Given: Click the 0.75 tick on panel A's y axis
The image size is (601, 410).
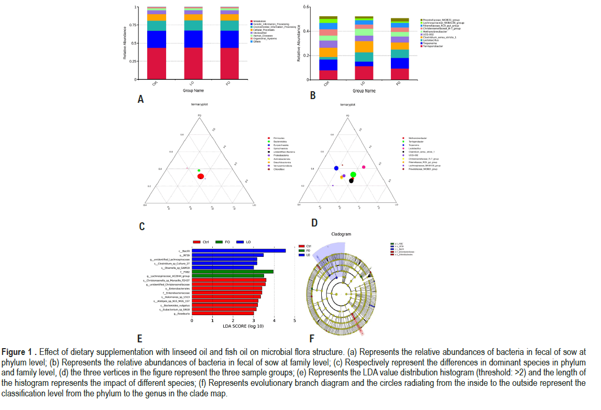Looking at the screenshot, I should point(136,25).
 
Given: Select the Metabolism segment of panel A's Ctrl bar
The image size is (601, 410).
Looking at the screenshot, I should point(156,63).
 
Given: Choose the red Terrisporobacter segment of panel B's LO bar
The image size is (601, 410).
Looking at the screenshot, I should point(364,73).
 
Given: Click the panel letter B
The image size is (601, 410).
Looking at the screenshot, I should point(312,95).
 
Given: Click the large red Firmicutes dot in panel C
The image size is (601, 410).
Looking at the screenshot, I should point(201,177).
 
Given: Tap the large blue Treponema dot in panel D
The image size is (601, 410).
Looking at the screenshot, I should point(336,168).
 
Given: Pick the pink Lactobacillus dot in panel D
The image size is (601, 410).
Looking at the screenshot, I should point(364,167).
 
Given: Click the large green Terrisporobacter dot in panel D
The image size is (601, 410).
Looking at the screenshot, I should point(353,175).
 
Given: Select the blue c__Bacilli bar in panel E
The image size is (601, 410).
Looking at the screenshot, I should point(238,251).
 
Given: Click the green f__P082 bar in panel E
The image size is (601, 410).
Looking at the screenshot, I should point(233,272).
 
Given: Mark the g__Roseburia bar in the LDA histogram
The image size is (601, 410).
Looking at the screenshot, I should point(223,313).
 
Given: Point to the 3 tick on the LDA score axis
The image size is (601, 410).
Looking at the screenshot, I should point(254,320).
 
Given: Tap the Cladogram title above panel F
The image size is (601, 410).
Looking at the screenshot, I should point(341,234).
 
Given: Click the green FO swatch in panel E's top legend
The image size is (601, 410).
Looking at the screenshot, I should point(220,242).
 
